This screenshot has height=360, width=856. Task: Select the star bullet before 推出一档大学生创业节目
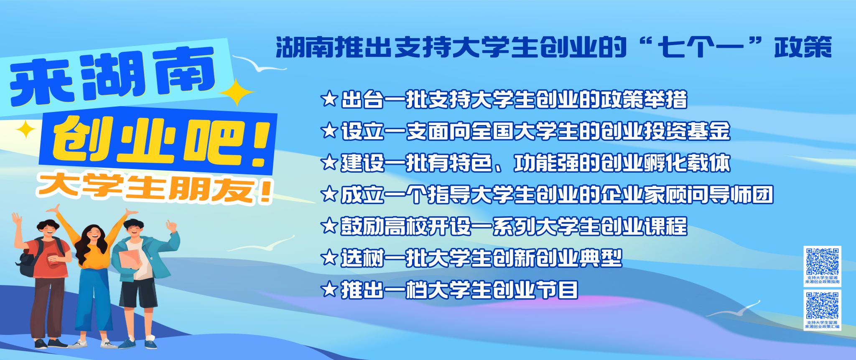click(x=329, y=289)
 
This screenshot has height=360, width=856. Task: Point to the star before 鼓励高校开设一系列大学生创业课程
click(x=329, y=226)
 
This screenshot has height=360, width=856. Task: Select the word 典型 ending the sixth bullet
click(x=600, y=258)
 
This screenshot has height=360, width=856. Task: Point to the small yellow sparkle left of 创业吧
click(x=26, y=129)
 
